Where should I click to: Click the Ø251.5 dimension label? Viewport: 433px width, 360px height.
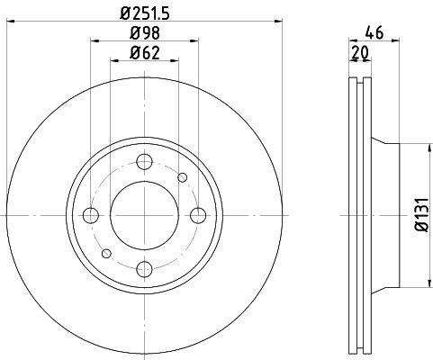[145, 13]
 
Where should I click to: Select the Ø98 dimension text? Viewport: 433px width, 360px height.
[145, 33]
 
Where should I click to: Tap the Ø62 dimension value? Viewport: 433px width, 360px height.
[145, 53]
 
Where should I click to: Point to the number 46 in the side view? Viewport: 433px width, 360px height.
[374, 33]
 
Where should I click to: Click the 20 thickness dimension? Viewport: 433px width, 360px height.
[360, 53]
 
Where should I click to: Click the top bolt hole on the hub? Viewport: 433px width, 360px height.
[144, 162]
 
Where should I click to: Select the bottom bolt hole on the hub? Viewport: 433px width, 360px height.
[144, 269]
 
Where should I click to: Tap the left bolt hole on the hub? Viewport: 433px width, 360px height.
[91, 215]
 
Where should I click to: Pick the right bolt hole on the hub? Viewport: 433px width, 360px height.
[198, 215]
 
